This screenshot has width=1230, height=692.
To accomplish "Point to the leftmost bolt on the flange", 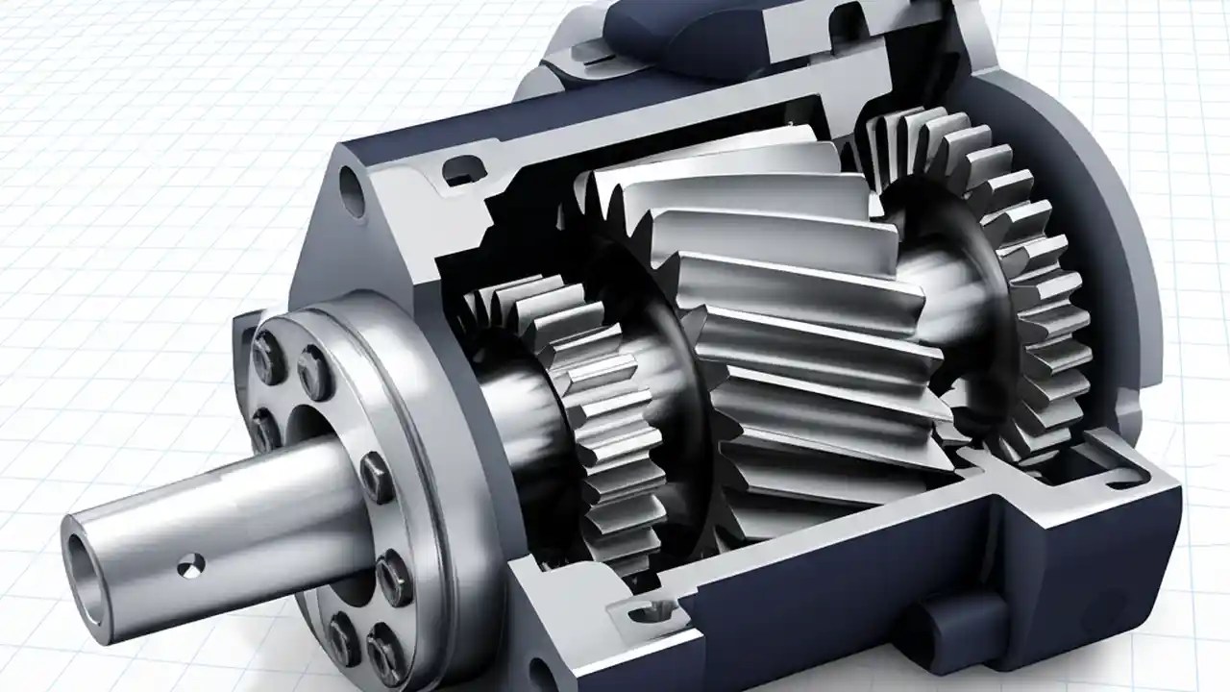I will click(260, 423).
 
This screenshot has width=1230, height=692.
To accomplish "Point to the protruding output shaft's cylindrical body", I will click(240, 519).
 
